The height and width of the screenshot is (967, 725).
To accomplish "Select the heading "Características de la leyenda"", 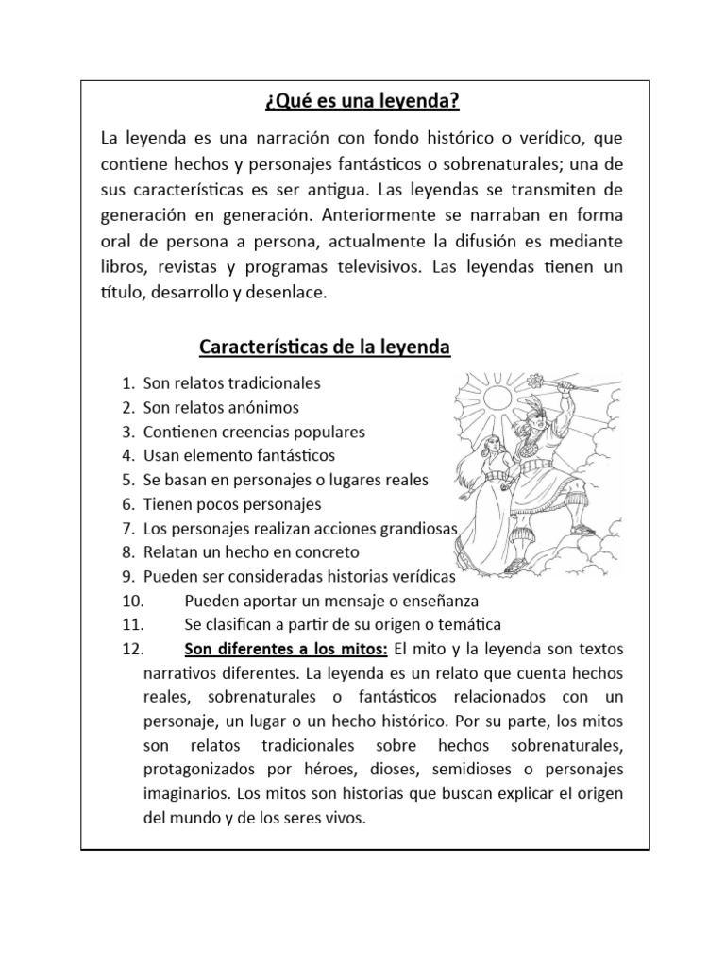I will coord(326,348).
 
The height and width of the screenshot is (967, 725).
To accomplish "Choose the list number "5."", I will coord(128,480).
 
